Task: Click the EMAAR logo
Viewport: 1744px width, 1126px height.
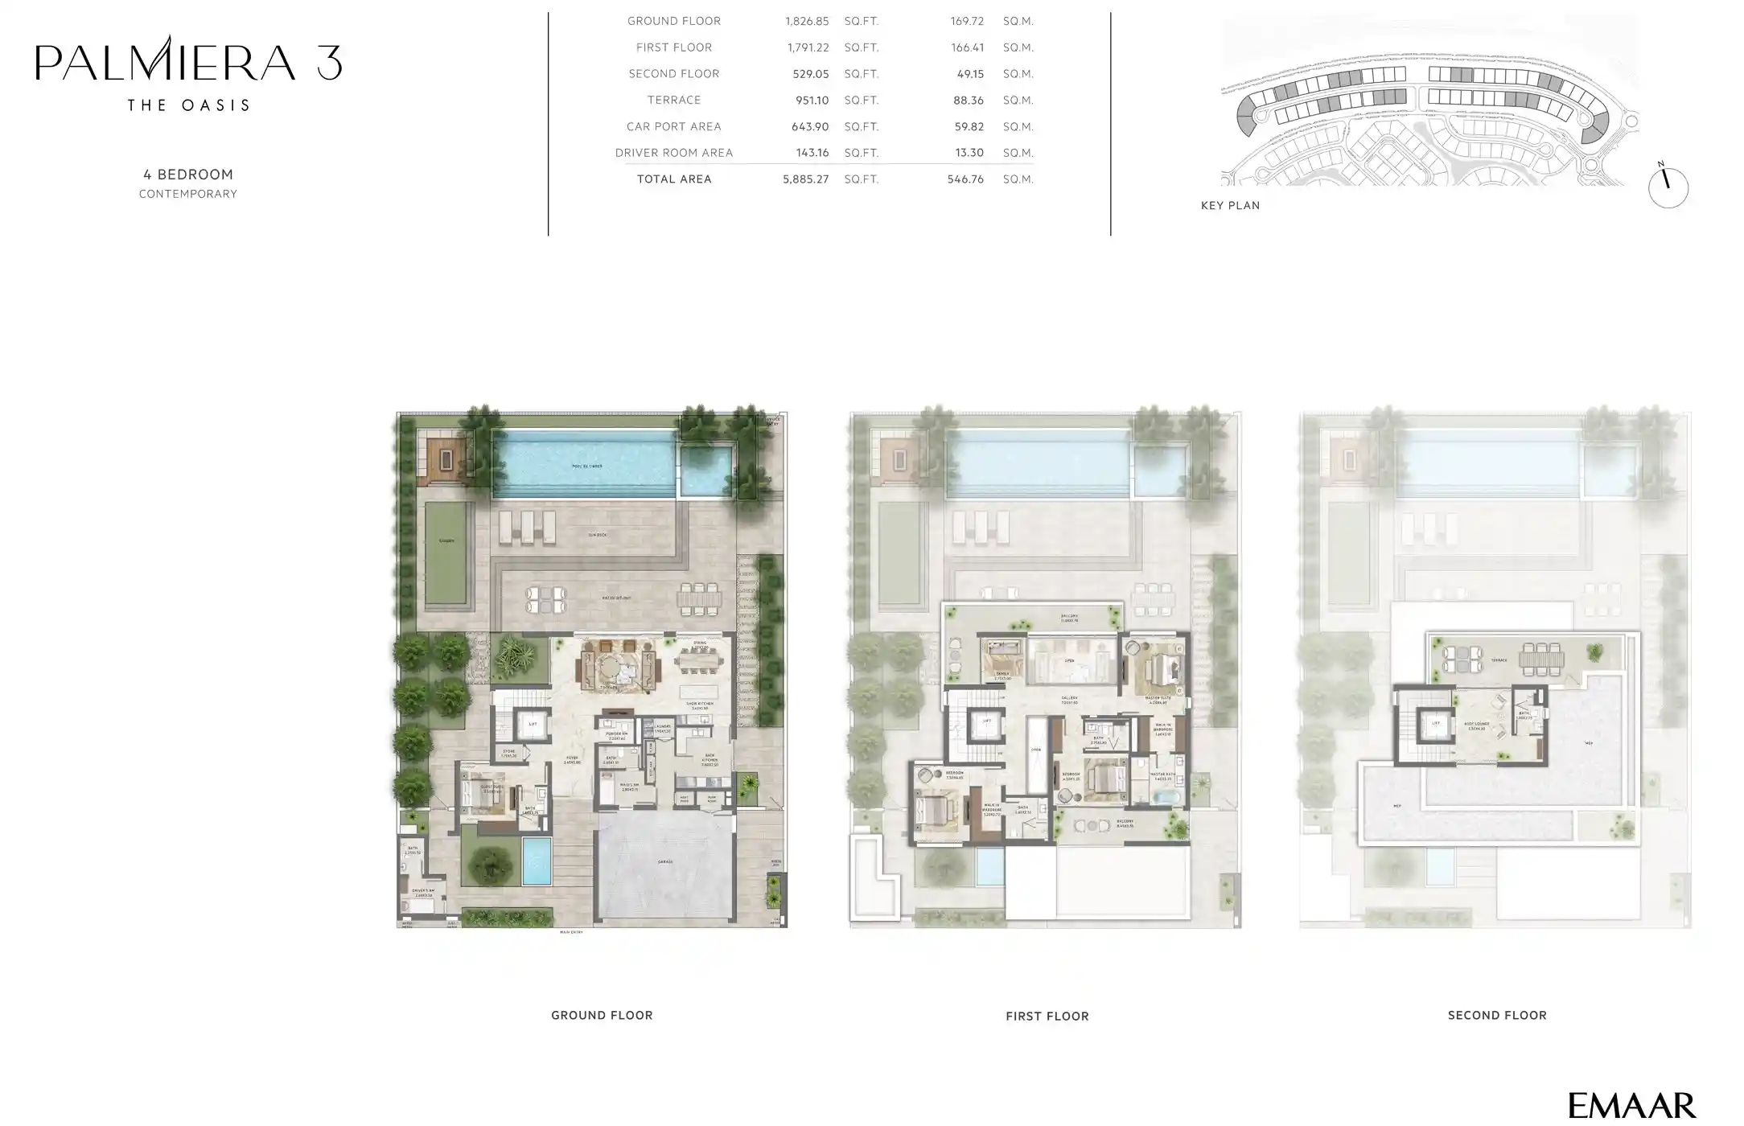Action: point(1632,1105)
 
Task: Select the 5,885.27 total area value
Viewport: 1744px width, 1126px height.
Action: point(805,179)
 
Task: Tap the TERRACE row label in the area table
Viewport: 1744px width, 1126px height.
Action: point(674,101)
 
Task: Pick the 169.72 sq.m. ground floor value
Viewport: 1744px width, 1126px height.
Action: point(966,21)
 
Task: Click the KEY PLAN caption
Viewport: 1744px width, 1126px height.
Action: point(1230,206)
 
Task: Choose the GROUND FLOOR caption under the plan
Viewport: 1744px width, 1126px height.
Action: point(601,1016)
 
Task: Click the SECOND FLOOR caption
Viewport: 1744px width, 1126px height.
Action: point(1496,1016)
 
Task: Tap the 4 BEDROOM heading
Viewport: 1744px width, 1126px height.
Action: point(188,175)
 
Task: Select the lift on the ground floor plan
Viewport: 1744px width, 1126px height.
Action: point(532,725)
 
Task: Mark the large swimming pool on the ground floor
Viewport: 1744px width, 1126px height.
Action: point(584,465)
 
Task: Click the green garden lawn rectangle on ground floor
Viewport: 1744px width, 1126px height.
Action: point(446,553)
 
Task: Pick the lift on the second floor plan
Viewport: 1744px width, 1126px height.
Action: point(1436,724)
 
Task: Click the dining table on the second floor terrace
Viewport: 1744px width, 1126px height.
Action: point(1541,660)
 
